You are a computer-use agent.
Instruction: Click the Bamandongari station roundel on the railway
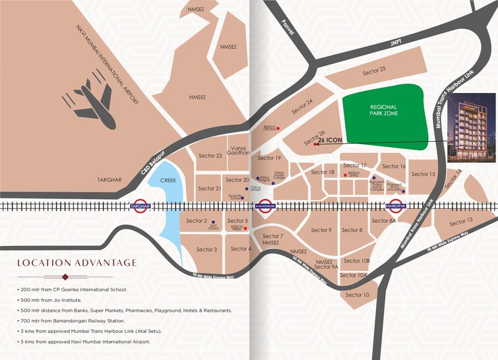click(x=265, y=205)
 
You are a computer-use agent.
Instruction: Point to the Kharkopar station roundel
click(x=395, y=205)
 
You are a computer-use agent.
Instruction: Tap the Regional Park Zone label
click(x=383, y=110)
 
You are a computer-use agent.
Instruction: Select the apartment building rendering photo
click(x=471, y=128)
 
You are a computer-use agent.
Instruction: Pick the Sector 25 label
click(x=374, y=70)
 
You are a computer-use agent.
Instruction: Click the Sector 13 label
click(x=460, y=221)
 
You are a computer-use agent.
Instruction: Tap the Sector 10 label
click(x=358, y=294)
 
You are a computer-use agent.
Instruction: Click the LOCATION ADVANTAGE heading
click(x=77, y=263)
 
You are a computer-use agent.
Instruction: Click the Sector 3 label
click(x=206, y=249)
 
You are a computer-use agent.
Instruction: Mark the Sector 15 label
click(x=423, y=174)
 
